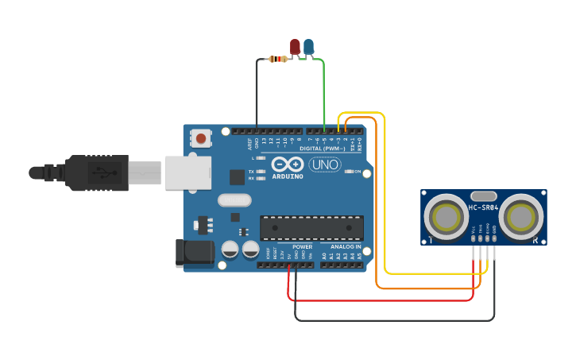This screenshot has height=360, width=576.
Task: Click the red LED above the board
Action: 295,47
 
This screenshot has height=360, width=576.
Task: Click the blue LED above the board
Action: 308,47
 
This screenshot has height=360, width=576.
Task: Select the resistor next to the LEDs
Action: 278,59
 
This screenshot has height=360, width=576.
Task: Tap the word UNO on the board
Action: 324,165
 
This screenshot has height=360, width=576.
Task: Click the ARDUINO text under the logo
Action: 287,176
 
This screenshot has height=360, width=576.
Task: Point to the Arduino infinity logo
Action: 287,164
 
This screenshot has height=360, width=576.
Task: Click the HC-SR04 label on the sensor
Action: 483,208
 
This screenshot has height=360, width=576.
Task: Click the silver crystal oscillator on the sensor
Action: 483,195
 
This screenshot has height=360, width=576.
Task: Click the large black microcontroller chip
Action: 311,228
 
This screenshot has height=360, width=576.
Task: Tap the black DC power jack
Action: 194,253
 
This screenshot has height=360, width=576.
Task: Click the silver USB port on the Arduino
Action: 188,172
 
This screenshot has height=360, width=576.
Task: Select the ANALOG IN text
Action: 346,246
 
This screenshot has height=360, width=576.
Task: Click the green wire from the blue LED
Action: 323,91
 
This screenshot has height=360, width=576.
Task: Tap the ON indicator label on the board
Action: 358,172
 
